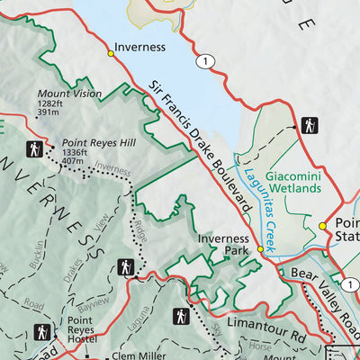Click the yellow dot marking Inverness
[x=111, y=54]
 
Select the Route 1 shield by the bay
[x=208, y=60]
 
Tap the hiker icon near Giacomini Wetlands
[x=310, y=125]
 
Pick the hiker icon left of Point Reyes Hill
[x=34, y=148]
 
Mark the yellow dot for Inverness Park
[x=261, y=248]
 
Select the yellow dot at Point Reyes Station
[x=321, y=226]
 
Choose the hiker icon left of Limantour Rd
[x=182, y=317]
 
